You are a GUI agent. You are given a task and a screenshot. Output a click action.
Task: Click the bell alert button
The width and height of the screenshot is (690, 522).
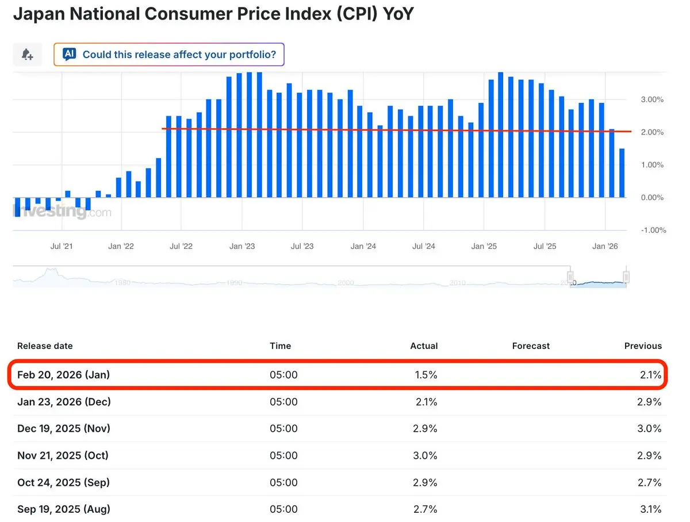pyautogui.click(x=27, y=55)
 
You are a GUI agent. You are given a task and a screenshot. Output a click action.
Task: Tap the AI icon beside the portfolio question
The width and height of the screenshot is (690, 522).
pyautogui.click(x=70, y=55)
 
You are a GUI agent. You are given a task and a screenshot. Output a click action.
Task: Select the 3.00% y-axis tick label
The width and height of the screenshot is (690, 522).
pyautogui.click(x=652, y=99)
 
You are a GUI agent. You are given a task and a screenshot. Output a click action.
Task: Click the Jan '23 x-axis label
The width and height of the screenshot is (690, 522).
pyautogui.click(x=242, y=247)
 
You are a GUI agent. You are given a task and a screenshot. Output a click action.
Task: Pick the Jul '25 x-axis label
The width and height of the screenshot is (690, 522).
pyautogui.click(x=545, y=247)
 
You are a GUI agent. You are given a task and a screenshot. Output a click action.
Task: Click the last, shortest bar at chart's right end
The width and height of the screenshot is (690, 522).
pyautogui.click(x=622, y=173)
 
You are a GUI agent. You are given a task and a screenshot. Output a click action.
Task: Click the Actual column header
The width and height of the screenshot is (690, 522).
pyautogui.click(x=424, y=346)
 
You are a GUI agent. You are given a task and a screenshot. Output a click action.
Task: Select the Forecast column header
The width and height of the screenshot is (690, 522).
pyautogui.click(x=531, y=346)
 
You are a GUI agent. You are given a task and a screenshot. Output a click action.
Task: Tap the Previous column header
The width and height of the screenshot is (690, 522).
pyautogui.click(x=643, y=346)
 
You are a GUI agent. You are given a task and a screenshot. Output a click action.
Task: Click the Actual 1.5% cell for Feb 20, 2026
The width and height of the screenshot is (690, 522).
pyautogui.click(x=425, y=375)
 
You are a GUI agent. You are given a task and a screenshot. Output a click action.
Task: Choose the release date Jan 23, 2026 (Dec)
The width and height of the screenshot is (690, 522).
pyautogui.click(x=64, y=402)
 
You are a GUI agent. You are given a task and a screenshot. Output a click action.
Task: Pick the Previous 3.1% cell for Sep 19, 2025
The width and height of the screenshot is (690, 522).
pyautogui.click(x=650, y=509)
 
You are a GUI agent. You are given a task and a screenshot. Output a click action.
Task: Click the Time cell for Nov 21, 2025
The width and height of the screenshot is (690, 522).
pyautogui.click(x=283, y=455)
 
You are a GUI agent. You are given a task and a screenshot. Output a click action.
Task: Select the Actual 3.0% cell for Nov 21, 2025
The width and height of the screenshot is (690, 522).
pyautogui.click(x=425, y=455)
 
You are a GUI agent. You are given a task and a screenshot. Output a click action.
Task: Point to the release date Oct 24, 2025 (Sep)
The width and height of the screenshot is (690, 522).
pyautogui.click(x=63, y=482)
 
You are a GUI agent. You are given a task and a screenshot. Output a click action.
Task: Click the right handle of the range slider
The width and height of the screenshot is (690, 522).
pyautogui.click(x=626, y=277)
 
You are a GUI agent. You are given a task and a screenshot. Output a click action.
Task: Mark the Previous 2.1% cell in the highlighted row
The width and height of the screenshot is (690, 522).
pyautogui.click(x=650, y=375)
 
